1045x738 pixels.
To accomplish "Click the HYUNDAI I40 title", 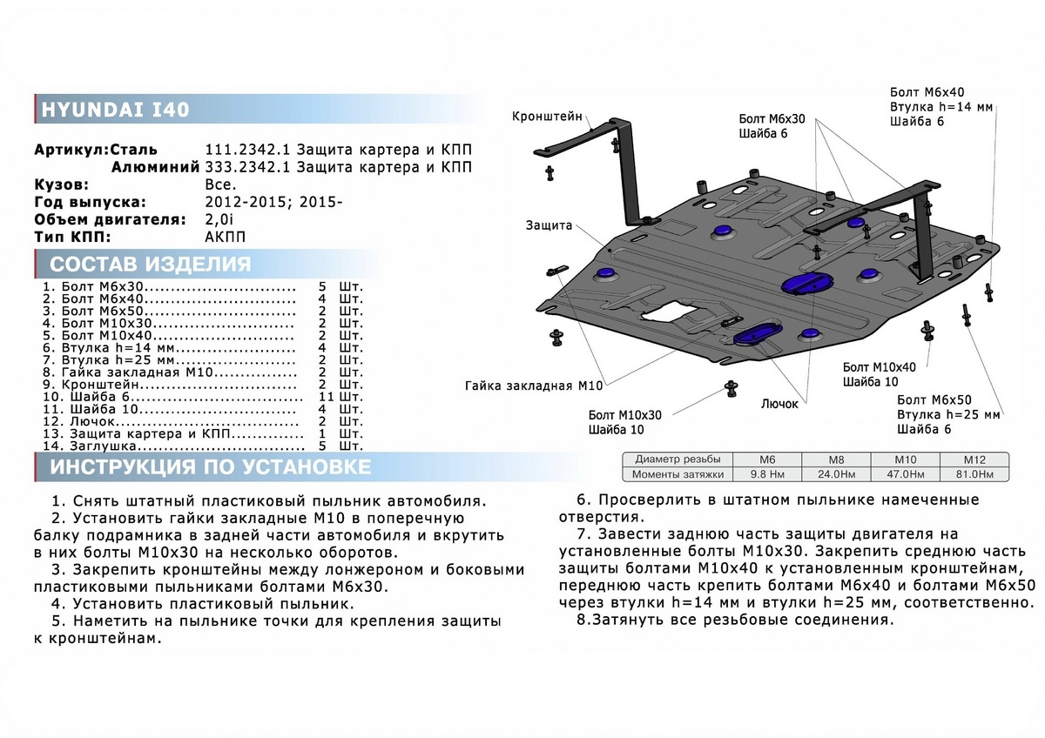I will click(x=116, y=111).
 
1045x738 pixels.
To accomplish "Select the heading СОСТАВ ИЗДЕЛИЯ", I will click(x=151, y=265).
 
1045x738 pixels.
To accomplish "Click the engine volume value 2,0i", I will click(x=219, y=219).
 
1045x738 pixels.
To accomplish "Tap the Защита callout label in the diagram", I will click(x=549, y=225).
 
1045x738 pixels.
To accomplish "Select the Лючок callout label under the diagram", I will click(x=782, y=405).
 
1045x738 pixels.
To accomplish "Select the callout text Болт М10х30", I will click(x=624, y=414).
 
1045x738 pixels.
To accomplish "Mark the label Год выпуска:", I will click(x=85, y=202).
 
